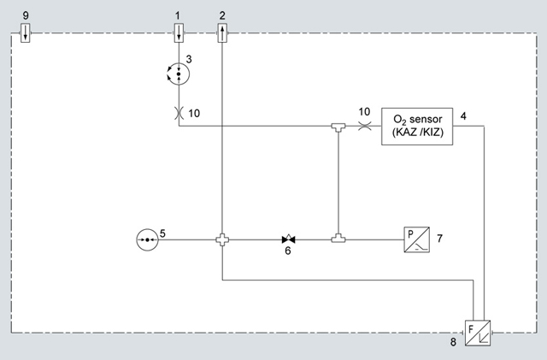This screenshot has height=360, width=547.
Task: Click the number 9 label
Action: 26,15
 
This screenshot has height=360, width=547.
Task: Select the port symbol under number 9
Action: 26,34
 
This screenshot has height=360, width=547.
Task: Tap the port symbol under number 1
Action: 178,34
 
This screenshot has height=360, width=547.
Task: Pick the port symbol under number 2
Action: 222,34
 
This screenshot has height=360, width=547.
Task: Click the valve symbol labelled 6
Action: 287,240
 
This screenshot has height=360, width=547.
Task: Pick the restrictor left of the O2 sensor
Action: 364,127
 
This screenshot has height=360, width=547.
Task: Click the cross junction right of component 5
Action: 222,240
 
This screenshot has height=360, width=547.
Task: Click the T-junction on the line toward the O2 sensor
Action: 338,128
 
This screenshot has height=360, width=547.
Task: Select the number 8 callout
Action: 453,343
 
